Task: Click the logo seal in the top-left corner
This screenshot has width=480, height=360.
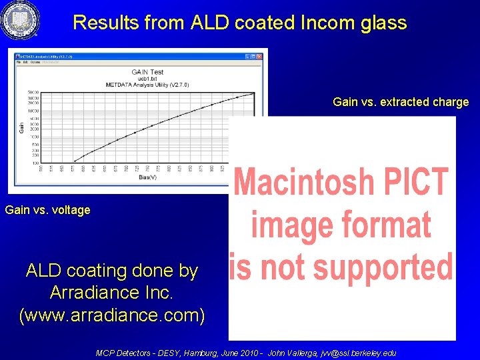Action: [x=21, y=21]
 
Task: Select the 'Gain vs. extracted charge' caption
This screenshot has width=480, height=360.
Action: [x=401, y=102]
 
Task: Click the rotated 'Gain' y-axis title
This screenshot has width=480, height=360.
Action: [x=22, y=126]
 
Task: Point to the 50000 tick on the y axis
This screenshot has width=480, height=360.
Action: [x=33, y=93]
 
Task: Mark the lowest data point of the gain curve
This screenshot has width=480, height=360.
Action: [x=73, y=161]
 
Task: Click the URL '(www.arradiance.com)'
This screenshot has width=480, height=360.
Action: [x=112, y=314]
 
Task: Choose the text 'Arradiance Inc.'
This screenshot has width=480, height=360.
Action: [x=112, y=293]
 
